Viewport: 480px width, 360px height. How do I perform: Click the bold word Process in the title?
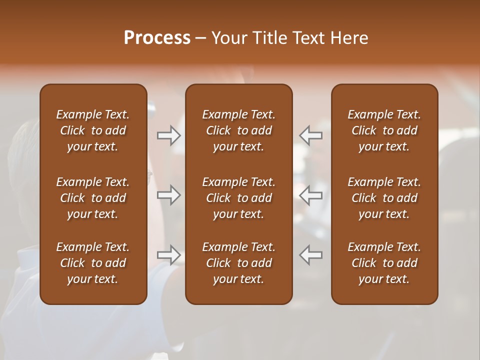(x=157, y=38)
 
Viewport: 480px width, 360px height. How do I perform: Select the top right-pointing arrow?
(x=169, y=135)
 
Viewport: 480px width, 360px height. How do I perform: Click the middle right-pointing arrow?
(x=169, y=195)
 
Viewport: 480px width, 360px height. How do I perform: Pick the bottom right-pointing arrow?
(x=169, y=255)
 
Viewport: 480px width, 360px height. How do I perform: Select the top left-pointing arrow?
(x=310, y=135)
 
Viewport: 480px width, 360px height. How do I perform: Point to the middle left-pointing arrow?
(x=310, y=195)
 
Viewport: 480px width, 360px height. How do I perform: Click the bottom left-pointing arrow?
(x=310, y=255)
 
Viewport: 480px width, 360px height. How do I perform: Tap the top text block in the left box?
(x=93, y=130)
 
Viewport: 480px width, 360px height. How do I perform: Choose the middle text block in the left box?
(x=93, y=198)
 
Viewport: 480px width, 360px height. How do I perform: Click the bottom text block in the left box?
(x=93, y=263)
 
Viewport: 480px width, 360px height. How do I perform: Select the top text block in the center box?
(x=239, y=130)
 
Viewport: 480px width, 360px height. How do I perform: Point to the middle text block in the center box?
(x=239, y=198)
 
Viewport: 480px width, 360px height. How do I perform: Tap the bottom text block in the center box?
(x=239, y=263)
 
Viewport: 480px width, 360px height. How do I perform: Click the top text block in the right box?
(x=384, y=130)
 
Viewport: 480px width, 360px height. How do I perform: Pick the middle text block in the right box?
(x=384, y=198)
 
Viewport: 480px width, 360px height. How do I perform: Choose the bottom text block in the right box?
(x=384, y=263)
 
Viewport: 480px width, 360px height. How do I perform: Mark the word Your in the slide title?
(x=228, y=38)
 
